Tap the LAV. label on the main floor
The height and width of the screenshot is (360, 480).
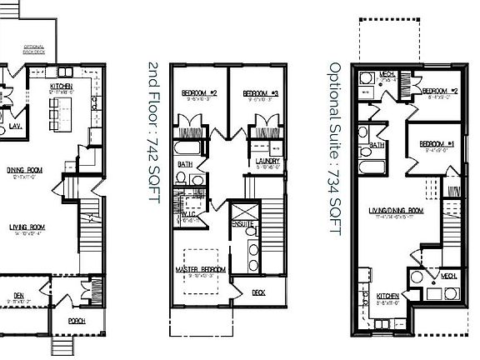[15, 127]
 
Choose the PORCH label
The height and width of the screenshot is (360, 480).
[77, 320]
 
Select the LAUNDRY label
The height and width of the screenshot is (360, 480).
[267, 161]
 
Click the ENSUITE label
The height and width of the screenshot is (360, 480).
[242, 224]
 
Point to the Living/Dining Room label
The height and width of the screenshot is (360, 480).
[397, 211]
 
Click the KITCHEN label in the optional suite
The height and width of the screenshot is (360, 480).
[387, 296]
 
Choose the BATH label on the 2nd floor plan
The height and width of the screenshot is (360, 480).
[185, 165]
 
